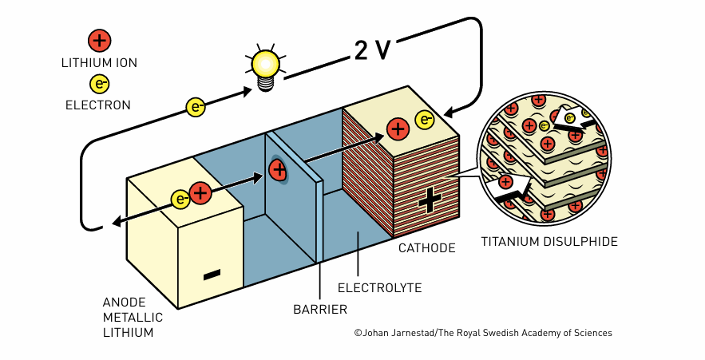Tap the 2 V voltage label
(x=372, y=49)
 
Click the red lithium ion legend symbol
(x=99, y=41)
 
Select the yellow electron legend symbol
(x=99, y=84)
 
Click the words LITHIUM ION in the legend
(x=99, y=63)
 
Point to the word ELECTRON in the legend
(x=98, y=105)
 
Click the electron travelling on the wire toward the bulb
(x=196, y=108)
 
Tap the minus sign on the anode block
(x=212, y=274)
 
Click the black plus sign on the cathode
(x=430, y=200)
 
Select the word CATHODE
(x=426, y=248)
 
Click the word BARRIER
(x=320, y=310)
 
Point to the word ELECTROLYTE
(x=380, y=288)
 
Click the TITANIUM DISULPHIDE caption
(x=549, y=242)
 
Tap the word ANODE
(x=124, y=302)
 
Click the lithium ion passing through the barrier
(x=278, y=170)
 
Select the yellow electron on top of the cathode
(x=425, y=120)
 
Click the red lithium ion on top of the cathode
(x=398, y=129)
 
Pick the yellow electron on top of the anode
(x=180, y=199)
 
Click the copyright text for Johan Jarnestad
(x=483, y=333)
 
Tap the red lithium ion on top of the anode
(x=200, y=193)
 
